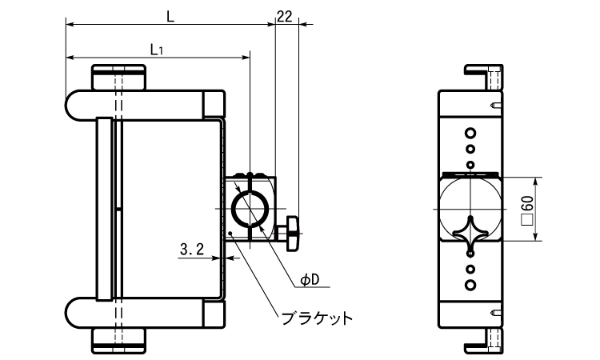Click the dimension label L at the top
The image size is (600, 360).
(170, 14)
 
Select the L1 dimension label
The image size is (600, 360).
(158, 49)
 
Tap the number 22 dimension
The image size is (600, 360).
(284, 15)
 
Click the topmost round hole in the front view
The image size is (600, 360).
(470, 133)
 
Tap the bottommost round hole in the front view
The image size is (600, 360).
(470, 284)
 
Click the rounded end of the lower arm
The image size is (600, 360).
(74, 312)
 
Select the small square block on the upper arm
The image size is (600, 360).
(214, 104)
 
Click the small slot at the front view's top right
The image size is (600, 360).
(496, 104)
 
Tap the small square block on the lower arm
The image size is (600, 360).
(214, 313)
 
